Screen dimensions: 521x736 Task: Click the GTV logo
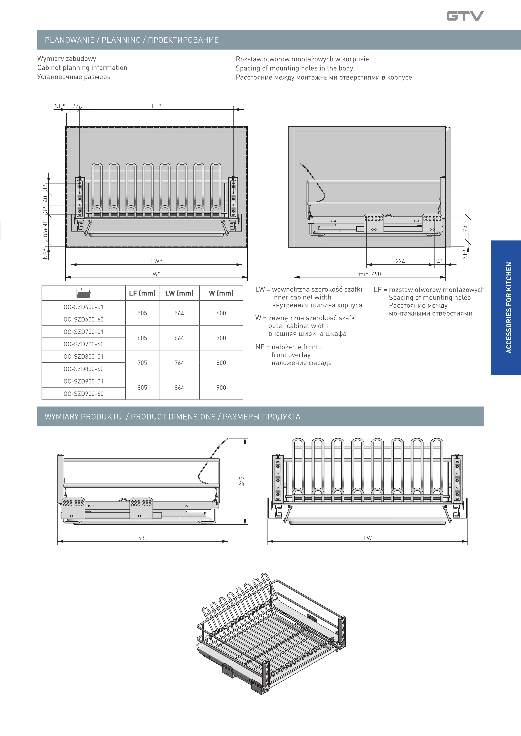click(x=465, y=16)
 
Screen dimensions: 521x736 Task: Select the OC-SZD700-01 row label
click(x=83, y=332)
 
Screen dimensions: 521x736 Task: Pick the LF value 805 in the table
click(x=142, y=388)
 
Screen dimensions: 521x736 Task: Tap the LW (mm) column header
click(x=179, y=293)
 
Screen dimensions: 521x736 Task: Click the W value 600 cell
click(x=221, y=313)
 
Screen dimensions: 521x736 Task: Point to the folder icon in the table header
click(x=83, y=293)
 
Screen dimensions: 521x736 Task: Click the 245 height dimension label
click(x=242, y=481)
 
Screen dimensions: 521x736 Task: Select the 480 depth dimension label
click(x=143, y=538)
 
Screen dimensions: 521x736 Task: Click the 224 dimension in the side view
click(x=400, y=261)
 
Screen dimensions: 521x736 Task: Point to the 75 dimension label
click(x=464, y=229)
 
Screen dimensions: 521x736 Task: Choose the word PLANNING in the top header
click(x=121, y=40)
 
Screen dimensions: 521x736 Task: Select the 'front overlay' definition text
click(x=291, y=355)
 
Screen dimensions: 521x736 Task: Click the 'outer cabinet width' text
click(x=298, y=326)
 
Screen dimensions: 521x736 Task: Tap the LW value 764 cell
click(x=179, y=363)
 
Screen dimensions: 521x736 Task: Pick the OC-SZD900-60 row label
click(x=83, y=394)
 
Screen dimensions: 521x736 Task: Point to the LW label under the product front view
click(x=368, y=538)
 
